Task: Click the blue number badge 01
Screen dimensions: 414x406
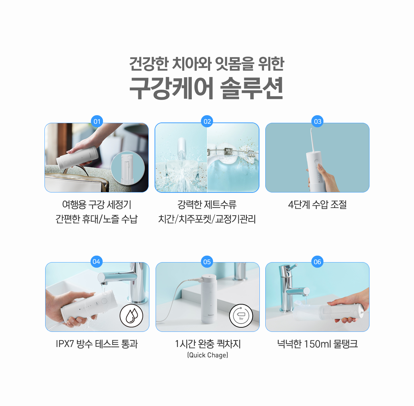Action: (x=97, y=121)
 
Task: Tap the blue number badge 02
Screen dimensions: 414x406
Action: (x=207, y=121)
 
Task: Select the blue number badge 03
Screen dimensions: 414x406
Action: (x=317, y=121)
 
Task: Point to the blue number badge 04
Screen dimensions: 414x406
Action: (x=97, y=261)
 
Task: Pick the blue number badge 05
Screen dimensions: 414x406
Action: (x=207, y=262)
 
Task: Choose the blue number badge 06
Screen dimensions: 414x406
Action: (x=317, y=262)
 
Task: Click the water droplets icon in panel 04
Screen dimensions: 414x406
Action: (x=131, y=315)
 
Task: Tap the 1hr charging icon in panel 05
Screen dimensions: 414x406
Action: (x=241, y=315)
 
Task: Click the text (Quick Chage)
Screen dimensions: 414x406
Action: (x=208, y=355)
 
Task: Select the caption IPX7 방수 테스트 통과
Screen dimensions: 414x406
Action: (x=97, y=344)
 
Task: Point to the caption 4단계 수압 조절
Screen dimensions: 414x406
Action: (x=317, y=205)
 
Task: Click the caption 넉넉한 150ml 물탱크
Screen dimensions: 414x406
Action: (x=317, y=344)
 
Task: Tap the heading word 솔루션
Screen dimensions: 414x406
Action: (x=252, y=88)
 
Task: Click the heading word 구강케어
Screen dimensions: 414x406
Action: (x=171, y=88)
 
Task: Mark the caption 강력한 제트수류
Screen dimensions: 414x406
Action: (x=207, y=205)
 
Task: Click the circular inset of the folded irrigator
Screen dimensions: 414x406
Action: (x=128, y=168)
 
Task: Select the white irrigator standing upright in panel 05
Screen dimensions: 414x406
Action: (x=209, y=299)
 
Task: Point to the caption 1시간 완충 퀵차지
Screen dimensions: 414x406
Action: (x=208, y=344)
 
